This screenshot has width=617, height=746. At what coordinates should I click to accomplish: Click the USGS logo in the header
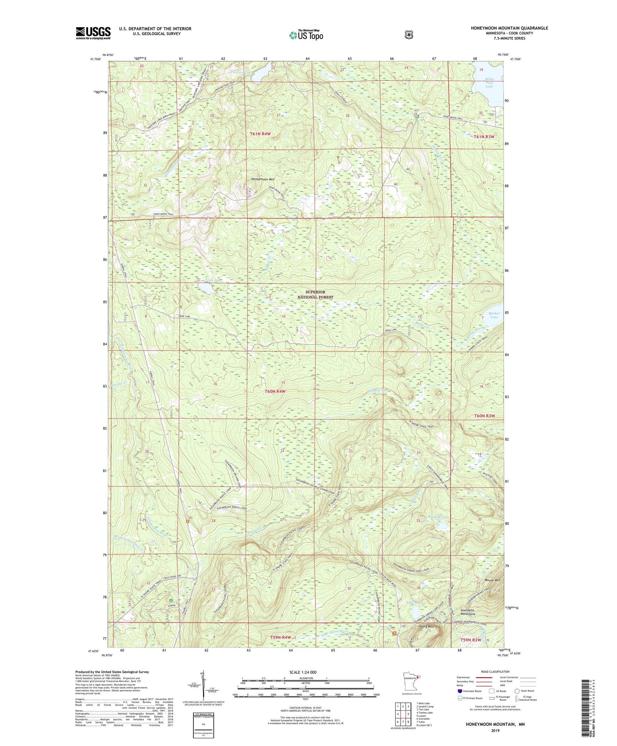93,33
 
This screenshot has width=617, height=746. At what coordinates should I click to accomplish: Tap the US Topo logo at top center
306,35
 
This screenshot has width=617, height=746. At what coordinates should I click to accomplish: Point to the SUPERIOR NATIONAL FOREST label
315,295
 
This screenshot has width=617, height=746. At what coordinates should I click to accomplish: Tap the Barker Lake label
494,315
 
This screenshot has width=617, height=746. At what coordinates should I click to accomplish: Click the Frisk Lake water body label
214,281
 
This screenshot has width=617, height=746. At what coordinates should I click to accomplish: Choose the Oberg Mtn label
425,627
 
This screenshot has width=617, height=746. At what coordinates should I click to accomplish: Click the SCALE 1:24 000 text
305,672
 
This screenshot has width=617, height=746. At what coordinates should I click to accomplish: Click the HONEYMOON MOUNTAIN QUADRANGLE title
509,28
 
